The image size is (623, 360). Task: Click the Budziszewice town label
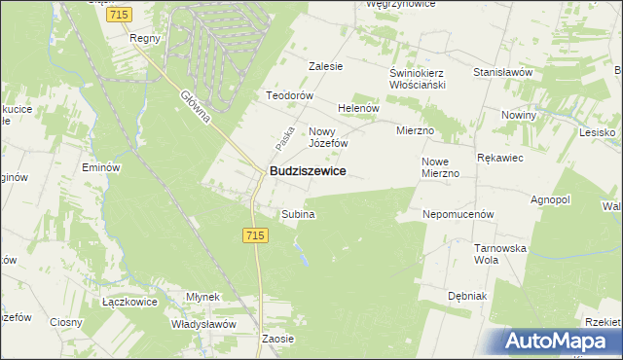tap(306, 170)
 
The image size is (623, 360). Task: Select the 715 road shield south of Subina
tap(255, 236)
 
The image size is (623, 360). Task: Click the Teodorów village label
tap(289, 95)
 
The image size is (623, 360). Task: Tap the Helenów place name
tap(356, 108)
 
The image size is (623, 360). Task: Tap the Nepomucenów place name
tap(459, 213)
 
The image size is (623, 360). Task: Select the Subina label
tap(298, 213)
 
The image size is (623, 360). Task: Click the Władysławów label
tap(203, 324)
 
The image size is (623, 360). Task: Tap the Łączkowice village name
tap(129, 302)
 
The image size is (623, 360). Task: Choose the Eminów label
tap(100, 167)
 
